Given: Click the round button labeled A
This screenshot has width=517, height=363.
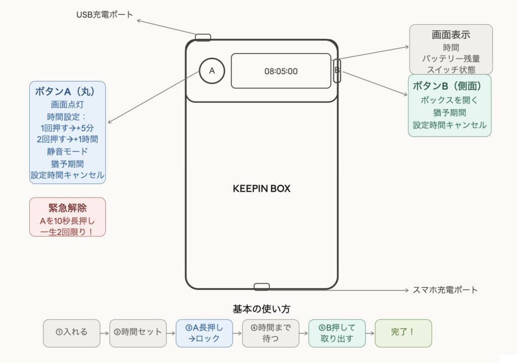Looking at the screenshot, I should tap(212, 71).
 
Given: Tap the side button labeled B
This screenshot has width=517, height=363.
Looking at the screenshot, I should tap(337, 71).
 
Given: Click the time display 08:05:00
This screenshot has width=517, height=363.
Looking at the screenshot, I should tap(281, 71).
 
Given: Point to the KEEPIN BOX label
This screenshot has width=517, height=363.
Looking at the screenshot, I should tap(262, 189).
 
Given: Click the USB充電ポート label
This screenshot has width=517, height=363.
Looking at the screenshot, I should tap(105, 15).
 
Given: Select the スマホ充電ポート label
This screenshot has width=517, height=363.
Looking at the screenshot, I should tap(445, 290).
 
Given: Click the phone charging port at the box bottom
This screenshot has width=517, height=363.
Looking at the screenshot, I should tap(262, 287).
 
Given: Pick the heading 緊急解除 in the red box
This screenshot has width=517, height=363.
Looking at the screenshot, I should tap(68, 208).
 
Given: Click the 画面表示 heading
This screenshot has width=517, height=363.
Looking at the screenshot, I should tap(451, 35).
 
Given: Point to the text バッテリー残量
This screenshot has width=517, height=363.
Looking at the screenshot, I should tap(451, 59).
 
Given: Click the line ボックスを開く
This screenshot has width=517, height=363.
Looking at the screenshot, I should tap(449, 100).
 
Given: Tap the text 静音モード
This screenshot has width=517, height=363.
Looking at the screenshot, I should tap(68, 151).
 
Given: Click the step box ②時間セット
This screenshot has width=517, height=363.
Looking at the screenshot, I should tap(138, 333).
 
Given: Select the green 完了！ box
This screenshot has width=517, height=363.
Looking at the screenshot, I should tap(403, 333).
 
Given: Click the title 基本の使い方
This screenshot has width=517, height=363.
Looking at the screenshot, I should tap(261, 308).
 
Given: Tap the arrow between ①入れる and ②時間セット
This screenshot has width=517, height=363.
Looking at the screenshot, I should tap(104, 333).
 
